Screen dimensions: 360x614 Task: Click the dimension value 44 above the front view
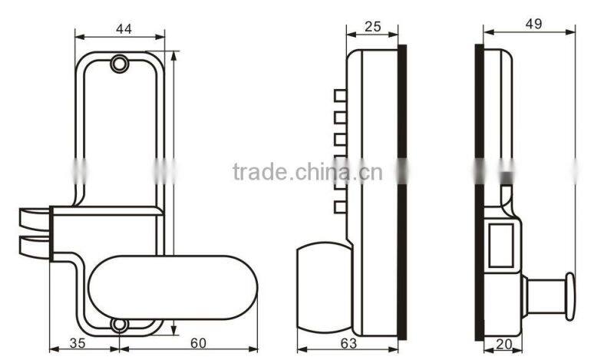click(123, 28)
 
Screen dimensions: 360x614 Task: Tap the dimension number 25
click(373, 27)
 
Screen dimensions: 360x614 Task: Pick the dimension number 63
click(347, 342)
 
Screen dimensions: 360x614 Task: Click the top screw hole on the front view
click(119, 64)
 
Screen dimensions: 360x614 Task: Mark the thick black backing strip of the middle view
click(401, 192)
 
